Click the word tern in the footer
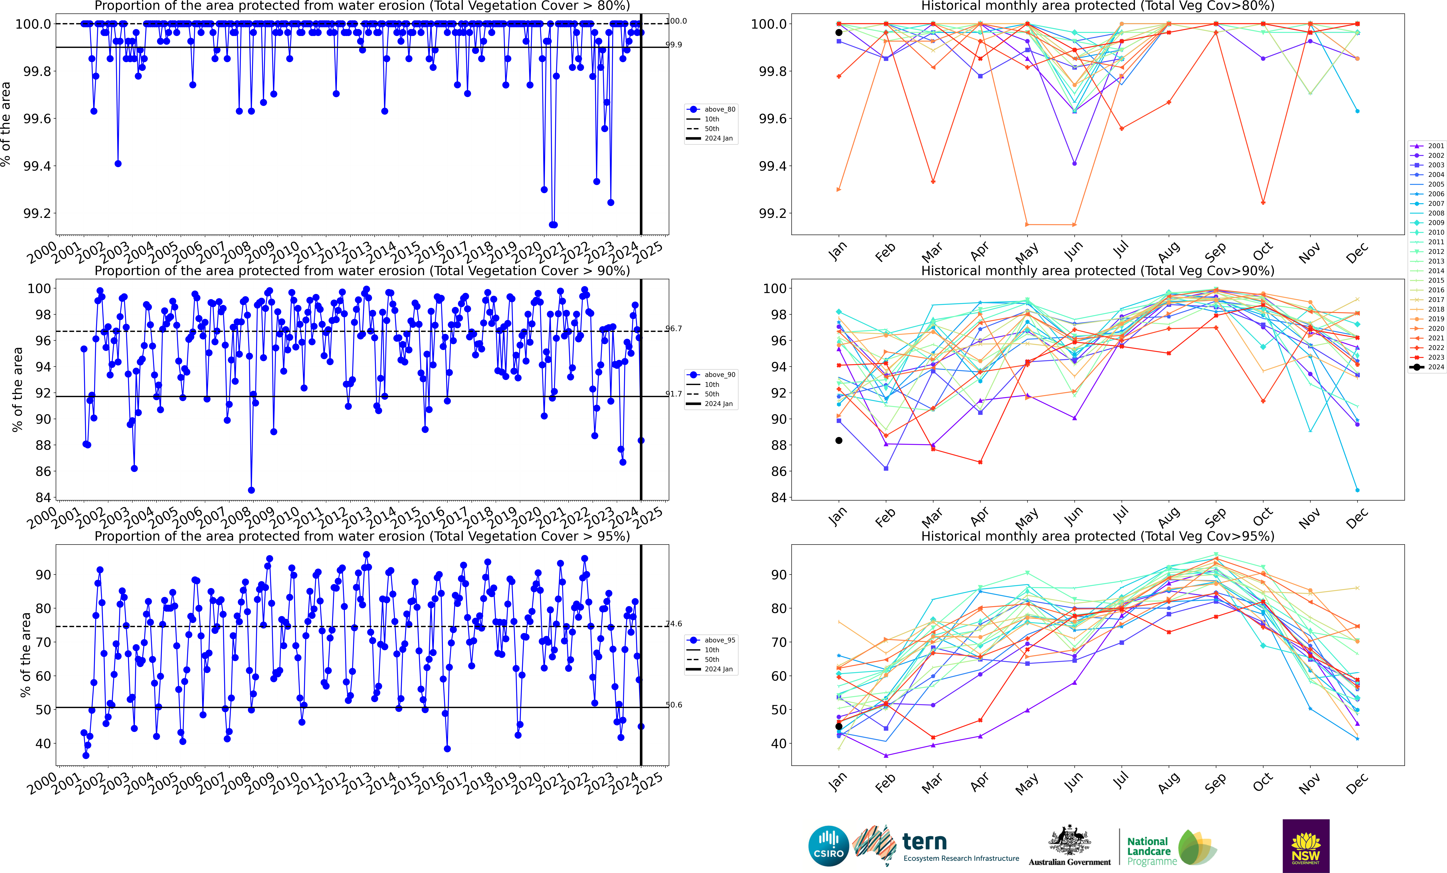[x=924, y=842]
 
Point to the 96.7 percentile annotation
[x=674, y=329]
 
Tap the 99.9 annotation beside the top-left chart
[x=674, y=45]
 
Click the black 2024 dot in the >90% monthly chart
[x=839, y=440]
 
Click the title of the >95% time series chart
[x=362, y=536]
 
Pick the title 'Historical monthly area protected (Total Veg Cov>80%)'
[x=1098, y=6]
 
